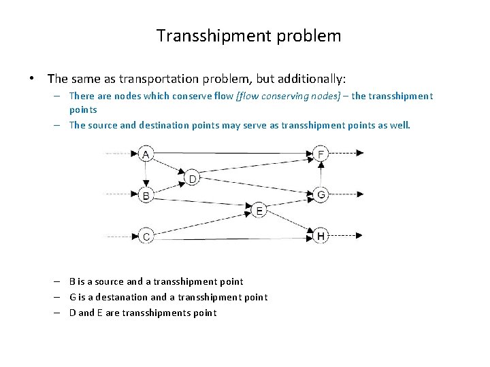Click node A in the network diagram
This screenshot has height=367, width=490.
click(145, 154)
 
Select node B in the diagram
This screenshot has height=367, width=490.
click(145, 195)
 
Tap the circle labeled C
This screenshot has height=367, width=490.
click(145, 237)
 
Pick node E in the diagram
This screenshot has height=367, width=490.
click(259, 211)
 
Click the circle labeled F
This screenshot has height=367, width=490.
click(321, 154)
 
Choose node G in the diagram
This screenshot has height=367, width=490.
click(321, 195)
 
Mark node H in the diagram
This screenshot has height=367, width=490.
click(321, 237)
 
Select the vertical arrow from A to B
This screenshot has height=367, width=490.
click(145, 174)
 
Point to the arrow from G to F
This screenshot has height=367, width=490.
click(321, 175)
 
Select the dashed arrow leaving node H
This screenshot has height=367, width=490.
click(346, 237)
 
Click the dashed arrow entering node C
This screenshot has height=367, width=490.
click(120, 237)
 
